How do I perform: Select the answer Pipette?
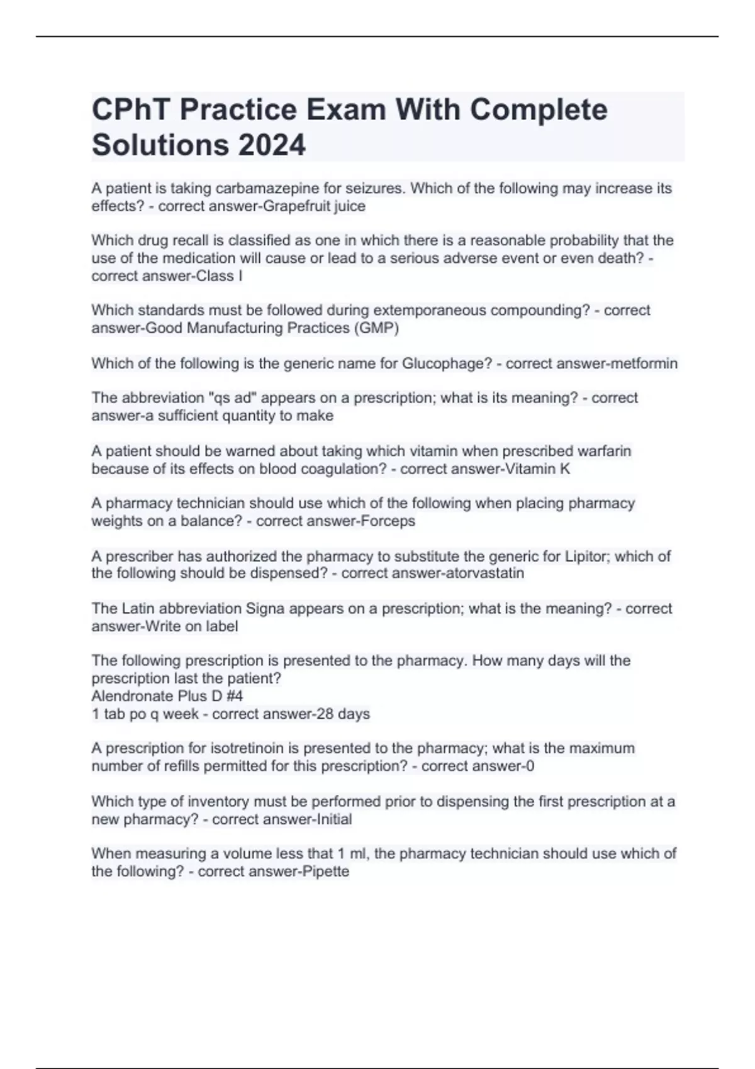point(326,872)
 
